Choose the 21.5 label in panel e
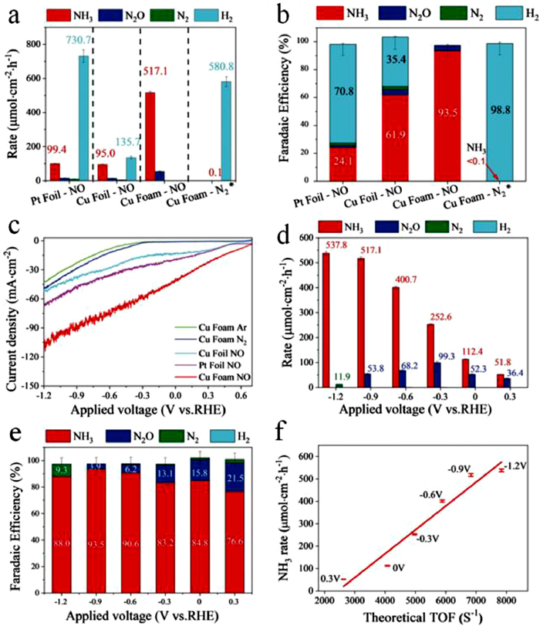coord(514,479)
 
